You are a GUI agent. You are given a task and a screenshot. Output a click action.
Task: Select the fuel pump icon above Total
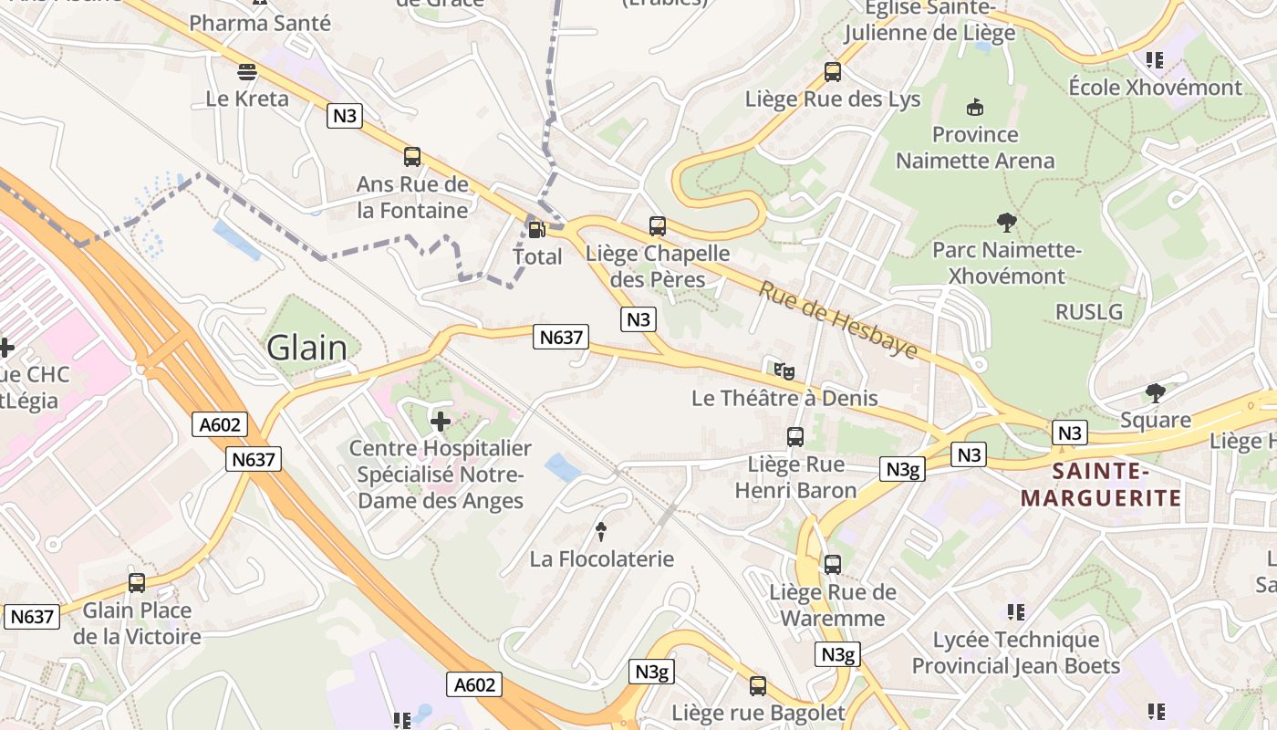pos(536,229)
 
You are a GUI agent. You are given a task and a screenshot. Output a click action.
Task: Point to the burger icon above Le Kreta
pos(247,71)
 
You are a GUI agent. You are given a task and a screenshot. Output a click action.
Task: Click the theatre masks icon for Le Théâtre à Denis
pos(784,370)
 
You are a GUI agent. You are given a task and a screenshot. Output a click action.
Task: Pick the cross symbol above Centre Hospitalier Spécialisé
pos(441,421)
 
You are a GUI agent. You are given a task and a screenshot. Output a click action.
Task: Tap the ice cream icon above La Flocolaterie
pos(601,531)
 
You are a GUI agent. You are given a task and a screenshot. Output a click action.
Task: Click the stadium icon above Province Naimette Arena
pos(975,107)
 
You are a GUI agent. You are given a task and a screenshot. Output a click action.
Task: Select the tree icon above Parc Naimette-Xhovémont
pos(1007,222)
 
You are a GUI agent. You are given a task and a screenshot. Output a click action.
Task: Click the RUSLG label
pos(1089,312)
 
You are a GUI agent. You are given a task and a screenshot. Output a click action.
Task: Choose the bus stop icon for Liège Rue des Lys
pos(832,71)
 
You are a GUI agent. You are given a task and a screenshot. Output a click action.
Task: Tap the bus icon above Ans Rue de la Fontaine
pos(412,157)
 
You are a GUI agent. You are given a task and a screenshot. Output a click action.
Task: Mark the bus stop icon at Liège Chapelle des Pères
pos(657,225)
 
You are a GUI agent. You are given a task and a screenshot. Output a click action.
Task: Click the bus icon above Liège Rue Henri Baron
pos(795,436)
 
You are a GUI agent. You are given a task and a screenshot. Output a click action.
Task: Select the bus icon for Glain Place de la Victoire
pos(137,582)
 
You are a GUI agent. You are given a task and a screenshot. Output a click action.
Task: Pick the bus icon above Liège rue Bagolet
pos(758,685)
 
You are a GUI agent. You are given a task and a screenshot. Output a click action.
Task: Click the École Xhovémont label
pos(1155,88)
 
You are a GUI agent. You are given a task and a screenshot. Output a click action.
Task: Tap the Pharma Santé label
pos(260,23)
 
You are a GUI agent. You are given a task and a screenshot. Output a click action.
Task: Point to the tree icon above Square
pos(1156,392)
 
